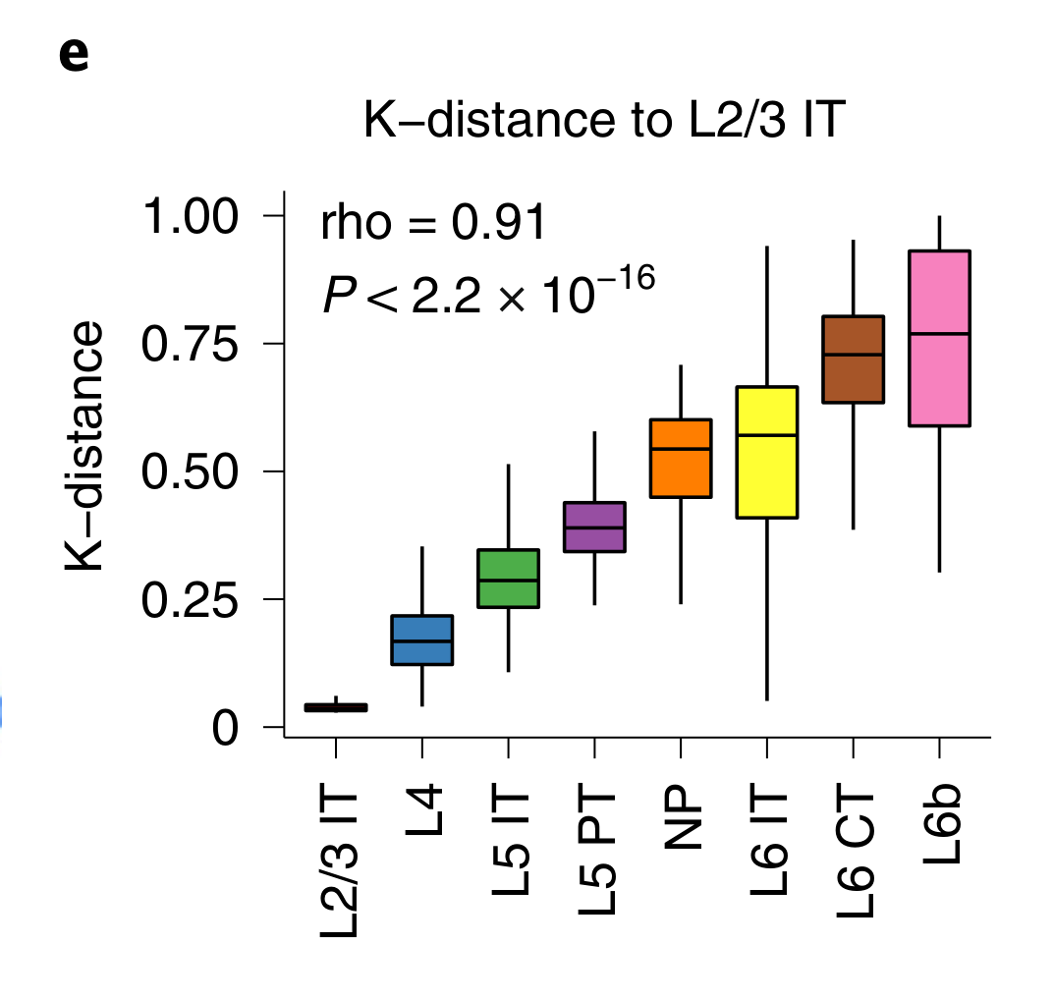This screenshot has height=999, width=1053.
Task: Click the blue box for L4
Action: click(x=421, y=639)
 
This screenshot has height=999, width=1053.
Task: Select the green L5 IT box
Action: click(x=508, y=579)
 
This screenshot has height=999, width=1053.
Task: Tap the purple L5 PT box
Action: click(x=594, y=527)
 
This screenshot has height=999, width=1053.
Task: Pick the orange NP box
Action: click(x=681, y=458)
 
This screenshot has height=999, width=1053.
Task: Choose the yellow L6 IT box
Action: click(x=766, y=452)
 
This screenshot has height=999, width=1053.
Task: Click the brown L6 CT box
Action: click(x=853, y=360)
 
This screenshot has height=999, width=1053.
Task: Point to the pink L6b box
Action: click(x=939, y=339)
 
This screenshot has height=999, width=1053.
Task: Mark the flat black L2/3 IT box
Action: click(x=336, y=707)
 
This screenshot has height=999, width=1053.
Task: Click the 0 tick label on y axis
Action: click(x=225, y=728)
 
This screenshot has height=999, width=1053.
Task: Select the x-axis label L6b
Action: click(x=941, y=828)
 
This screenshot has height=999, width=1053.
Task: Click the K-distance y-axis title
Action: click(x=85, y=446)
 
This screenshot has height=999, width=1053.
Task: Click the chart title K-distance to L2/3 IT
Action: click(x=603, y=121)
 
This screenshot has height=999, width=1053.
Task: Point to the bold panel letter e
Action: click(x=74, y=56)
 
